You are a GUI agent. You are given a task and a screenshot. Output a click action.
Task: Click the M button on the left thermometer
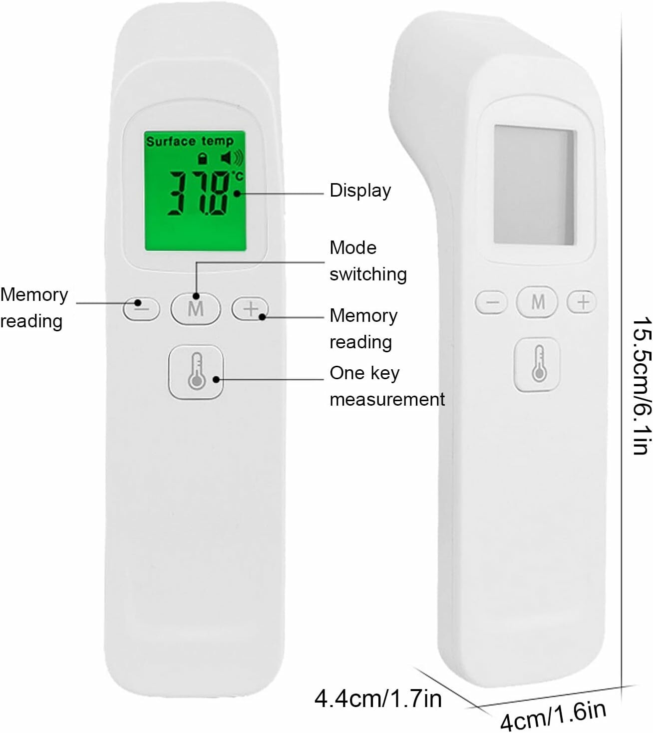point(195,308)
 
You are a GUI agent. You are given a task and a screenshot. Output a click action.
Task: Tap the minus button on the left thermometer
point(141,308)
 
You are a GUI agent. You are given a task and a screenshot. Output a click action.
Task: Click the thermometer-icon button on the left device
point(196,372)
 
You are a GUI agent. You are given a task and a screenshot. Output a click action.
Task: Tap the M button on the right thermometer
point(537,301)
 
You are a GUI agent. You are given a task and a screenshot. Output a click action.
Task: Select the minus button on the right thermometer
point(492,302)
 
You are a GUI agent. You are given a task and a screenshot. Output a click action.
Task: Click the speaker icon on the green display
point(232,158)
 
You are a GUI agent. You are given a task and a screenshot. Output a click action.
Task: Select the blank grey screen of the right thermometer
point(535,185)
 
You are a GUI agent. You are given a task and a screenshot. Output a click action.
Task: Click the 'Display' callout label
point(360,191)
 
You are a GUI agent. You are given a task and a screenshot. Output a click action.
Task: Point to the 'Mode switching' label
point(367,261)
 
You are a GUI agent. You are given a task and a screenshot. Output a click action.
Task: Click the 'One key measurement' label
point(386,386)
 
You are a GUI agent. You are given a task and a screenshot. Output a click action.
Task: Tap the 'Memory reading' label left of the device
point(34,307)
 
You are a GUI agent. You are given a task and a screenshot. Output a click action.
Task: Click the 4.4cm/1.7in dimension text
point(378,698)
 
